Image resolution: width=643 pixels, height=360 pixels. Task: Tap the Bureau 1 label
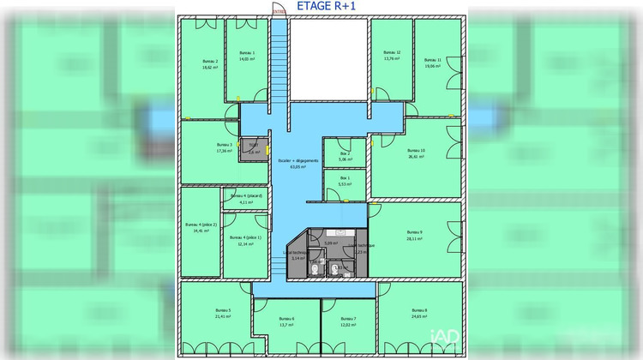coord(248,52)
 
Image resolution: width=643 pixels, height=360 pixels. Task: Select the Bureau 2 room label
coord(210,61)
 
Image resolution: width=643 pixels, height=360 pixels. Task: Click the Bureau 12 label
coord(393,52)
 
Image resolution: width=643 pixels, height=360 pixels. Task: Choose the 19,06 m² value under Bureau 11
coord(433,67)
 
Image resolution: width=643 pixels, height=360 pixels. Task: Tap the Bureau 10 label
coord(417,150)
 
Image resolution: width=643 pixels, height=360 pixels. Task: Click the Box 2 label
coord(345,153)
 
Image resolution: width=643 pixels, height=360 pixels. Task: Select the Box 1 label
coord(345,177)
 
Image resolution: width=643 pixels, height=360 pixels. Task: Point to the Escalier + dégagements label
coord(298,160)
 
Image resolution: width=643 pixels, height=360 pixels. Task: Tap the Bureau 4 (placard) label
coord(247,196)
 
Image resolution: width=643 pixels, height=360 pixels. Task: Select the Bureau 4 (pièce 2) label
coord(201,225)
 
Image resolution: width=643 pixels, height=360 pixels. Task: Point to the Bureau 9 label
coord(415,232)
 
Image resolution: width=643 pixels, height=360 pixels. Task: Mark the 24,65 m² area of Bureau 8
coord(419,317)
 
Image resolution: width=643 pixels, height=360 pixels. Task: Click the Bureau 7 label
coord(349,319)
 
